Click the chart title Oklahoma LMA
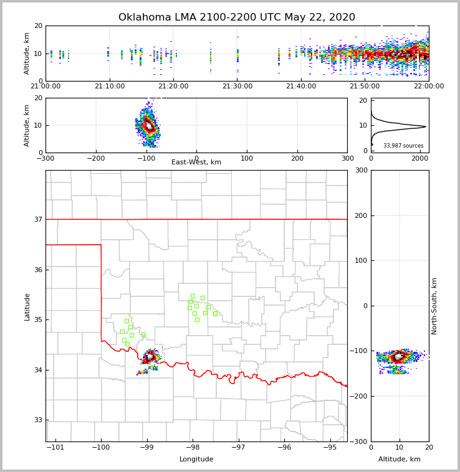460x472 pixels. coord(236,17)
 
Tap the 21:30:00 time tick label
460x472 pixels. coord(237,87)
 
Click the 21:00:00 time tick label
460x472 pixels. coord(46,87)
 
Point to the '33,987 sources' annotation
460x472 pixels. coord(403,146)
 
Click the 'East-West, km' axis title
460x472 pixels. coord(196,163)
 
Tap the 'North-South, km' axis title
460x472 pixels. coord(434,306)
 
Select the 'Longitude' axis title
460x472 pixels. coord(196,460)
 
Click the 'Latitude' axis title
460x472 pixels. coord(27,306)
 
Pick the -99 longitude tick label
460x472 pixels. coord(146,448)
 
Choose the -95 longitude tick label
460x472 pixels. coord(330,448)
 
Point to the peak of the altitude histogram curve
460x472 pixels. coord(426,127)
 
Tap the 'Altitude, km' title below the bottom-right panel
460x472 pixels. coord(400,460)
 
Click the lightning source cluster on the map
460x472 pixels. coord(150,357)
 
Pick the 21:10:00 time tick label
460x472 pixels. coord(110,87)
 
